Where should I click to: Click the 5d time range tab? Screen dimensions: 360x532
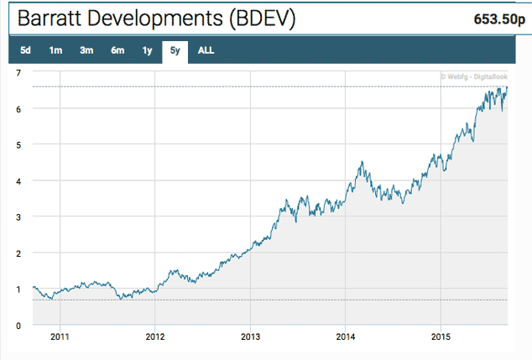pos(25,50)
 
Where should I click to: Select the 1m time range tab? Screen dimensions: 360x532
pos(55,50)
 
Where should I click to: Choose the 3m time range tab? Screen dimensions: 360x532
pos(86,50)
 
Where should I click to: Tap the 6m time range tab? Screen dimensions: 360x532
pos(117,50)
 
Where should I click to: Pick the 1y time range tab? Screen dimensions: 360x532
pos(147,50)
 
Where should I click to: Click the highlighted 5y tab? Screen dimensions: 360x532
pos(175,50)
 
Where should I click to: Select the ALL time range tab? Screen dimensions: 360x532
pos(206,50)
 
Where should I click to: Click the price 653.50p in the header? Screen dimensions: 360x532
pos(492,18)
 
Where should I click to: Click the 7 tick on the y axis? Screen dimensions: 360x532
pos(18,73)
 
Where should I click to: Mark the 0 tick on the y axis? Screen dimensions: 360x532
pos(18,326)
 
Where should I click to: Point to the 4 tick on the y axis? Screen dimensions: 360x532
pos(18,180)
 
